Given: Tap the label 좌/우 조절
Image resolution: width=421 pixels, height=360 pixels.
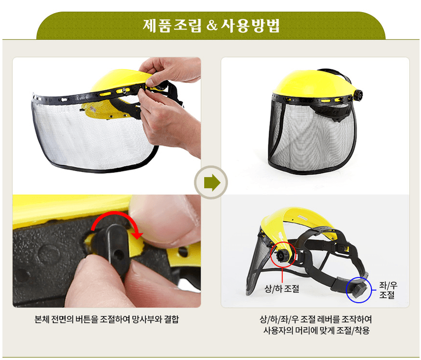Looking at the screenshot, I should (388, 289).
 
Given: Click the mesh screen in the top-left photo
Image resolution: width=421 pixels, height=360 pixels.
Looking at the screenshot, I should (84, 132).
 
